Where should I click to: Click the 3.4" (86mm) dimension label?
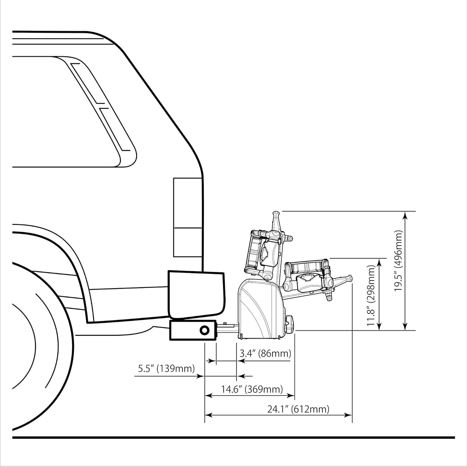point(265,353)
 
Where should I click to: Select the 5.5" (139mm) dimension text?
point(166,369)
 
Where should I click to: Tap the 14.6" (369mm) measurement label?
point(252,389)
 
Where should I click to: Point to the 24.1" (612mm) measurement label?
point(298,409)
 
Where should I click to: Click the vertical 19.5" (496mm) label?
point(399,261)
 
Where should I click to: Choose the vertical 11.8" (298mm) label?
point(371,296)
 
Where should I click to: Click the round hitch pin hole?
point(205,330)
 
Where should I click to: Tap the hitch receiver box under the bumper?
point(193,330)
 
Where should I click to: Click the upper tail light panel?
point(188,203)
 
